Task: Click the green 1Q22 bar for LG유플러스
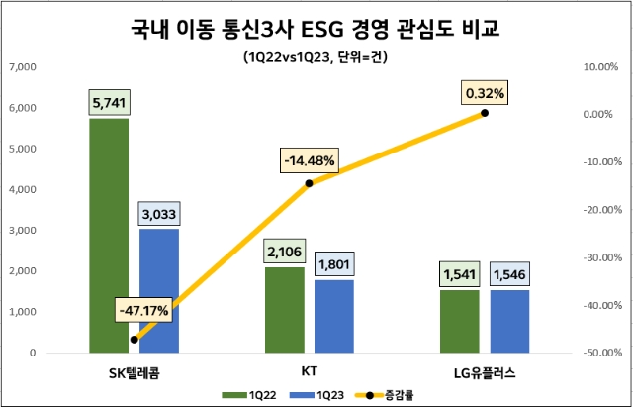tap(460, 321)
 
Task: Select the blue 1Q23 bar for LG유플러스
tap(510, 321)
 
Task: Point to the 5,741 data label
tap(109, 103)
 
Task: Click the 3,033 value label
tap(159, 213)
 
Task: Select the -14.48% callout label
tap(310, 159)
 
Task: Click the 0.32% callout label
tap(484, 93)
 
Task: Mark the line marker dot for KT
tap(310, 183)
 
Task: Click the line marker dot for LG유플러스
tap(485, 114)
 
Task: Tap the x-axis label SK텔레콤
tap(135, 371)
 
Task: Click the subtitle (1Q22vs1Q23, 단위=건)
tap(316, 56)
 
